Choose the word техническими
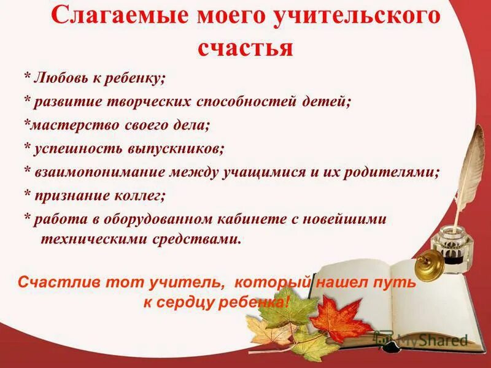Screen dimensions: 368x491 (x=92, y=239)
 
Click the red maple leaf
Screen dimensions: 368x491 (x=340, y=318)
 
